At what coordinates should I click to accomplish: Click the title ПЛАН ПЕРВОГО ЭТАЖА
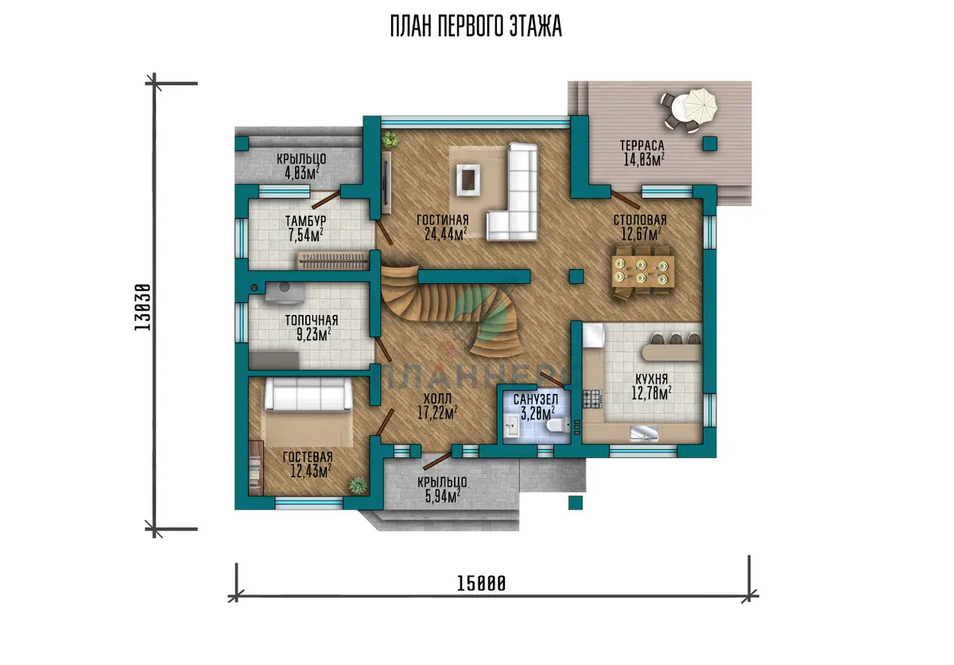click(476, 26)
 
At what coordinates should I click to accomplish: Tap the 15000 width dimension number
click(481, 584)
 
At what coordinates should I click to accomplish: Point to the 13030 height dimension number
click(142, 307)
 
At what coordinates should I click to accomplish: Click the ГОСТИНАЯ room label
click(443, 220)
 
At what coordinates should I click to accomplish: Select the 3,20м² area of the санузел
click(538, 413)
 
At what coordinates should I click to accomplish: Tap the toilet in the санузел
click(558, 424)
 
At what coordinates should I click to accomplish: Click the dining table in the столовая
click(643, 271)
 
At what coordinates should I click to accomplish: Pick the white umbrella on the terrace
click(701, 105)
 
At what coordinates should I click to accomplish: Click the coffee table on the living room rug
click(468, 179)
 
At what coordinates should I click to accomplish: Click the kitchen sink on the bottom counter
click(644, 434)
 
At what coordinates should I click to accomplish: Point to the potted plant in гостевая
click(358, 486)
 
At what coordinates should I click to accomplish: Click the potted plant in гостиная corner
click(390, 139)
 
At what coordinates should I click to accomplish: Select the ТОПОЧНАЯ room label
click(312, 320)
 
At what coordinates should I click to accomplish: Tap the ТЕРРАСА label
click(642, 146)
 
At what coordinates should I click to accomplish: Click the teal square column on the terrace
click(710, 143)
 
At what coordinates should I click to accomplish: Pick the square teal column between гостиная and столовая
click(576, 277)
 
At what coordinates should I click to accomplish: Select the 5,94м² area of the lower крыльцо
click(443, 496)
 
